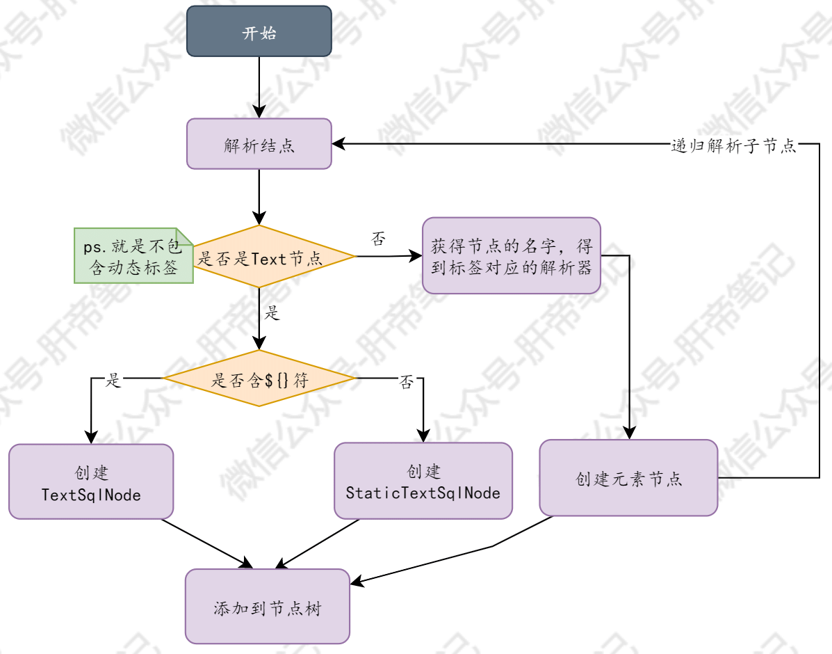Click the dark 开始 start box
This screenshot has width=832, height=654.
(x=259, y=31)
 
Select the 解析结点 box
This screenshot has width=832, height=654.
(x=259, y=144)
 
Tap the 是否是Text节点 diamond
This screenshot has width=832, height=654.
(x=259, y=257)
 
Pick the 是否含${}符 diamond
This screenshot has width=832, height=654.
(x=259, y=379)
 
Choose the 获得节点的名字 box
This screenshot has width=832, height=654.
(x=511, y=256)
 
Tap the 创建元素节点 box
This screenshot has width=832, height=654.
(x=628, y=478)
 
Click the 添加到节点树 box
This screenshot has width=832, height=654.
(x=267, y=606)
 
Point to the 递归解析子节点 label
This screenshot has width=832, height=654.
(x=733, y=145)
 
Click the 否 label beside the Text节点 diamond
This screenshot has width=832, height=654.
(x=378, y=241)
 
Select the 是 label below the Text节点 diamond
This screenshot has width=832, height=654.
(x=272, y=314)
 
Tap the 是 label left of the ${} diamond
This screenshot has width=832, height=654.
(x=113, y=380)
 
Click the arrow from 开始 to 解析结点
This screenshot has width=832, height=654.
(x=259, y=87)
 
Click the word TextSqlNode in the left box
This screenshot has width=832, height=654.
(x=91, y=495)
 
